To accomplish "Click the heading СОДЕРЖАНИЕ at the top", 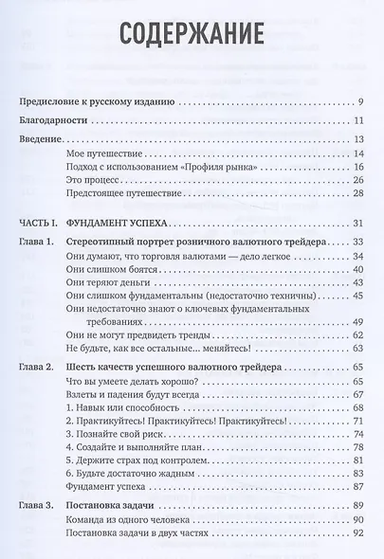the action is (x=190, y=37).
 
